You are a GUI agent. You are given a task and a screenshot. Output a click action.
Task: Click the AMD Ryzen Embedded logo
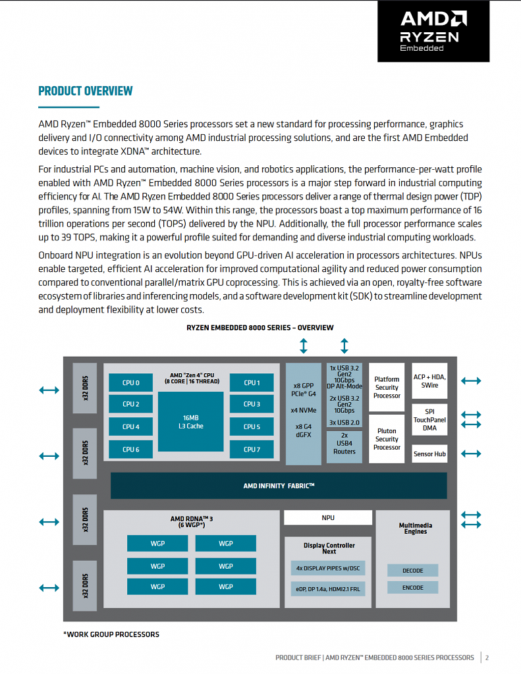pos(433,31)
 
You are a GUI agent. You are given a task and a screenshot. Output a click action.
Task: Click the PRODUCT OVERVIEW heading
pos(85,91)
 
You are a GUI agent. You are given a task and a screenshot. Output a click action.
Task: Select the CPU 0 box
pos(131,382)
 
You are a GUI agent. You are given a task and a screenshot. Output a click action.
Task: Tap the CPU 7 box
pos(252,449)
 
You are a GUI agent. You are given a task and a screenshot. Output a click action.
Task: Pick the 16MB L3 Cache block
pos(190,422)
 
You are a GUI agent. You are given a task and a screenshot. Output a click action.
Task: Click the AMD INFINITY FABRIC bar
pos(279,486)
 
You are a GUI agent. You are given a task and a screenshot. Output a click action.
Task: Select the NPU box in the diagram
pos(328,517)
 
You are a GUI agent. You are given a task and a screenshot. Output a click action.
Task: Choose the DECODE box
pos(412,571)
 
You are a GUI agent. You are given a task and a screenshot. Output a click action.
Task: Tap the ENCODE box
pos(412,588)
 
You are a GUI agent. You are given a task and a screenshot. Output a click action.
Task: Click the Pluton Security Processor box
pos(387,439)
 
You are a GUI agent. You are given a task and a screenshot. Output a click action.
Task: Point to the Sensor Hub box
pos(429,454)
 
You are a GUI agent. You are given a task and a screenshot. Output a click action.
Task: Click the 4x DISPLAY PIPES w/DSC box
pos(328,568)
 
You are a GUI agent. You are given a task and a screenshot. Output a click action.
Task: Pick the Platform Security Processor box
pos(387,387)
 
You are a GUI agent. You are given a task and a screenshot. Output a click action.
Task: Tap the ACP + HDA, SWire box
pos(429,381)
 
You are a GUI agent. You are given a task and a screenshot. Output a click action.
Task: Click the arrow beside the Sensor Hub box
pos(471,454)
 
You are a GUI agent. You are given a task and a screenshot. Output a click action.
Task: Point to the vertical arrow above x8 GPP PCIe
pos(304,346)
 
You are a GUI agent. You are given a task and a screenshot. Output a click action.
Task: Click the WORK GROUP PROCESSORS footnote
pos(111,635)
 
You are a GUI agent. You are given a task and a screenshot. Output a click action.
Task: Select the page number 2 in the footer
pos(487,658)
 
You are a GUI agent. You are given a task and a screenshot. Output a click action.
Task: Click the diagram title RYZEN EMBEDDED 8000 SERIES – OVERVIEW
pos(260,328)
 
